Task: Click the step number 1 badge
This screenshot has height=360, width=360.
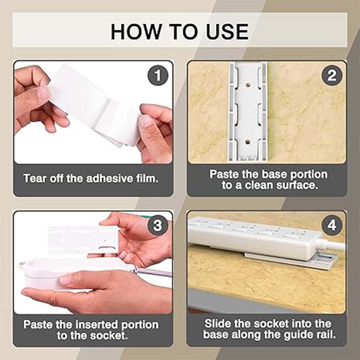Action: pyautogui.click(x=158, y=75)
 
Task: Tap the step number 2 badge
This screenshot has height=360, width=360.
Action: pyautogui.click(x=332, y=75)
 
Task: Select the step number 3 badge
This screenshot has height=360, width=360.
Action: pyautogui.click(x=158, y=225)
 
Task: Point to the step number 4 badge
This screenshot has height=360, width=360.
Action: pyautogui.click(x=332, y=225)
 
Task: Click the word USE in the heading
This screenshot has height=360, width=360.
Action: pyautogui.click(x=227, y=31)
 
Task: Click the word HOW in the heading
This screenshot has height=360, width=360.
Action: pyautogui.click(x=135, y=31)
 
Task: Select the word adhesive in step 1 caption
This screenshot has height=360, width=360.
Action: pyautogui.click(x=109, y=178)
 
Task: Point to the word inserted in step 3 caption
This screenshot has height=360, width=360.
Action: pyautogui.click(x=97, y=324)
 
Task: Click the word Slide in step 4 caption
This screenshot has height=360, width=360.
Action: pyautogui.click(x=217, y=324)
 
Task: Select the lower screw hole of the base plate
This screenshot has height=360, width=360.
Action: pyautogui.click(x=247, y=142)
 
